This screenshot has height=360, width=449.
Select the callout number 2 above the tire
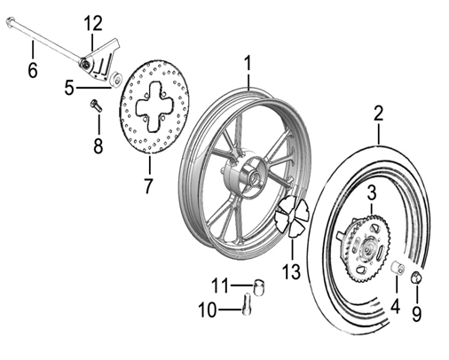(x=378, y=113)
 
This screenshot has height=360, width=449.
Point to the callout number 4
(x=396, y=309)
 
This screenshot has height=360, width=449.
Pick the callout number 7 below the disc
(x=148, y=186)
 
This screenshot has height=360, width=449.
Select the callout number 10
(x=207, y=311)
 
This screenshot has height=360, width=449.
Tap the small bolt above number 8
(x=97, y=106)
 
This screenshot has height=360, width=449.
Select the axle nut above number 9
(x=417, y=281)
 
